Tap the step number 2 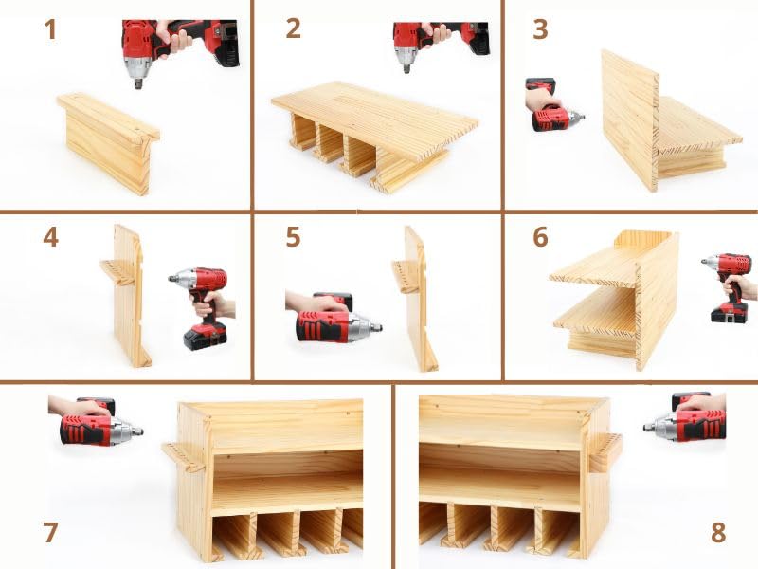click(x=294, y=29)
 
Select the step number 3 click(x=540, y=29)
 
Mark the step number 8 click(x=718, y=533)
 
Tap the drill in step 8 click(x=687, y=419)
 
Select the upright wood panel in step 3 click(x=627, y=119)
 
